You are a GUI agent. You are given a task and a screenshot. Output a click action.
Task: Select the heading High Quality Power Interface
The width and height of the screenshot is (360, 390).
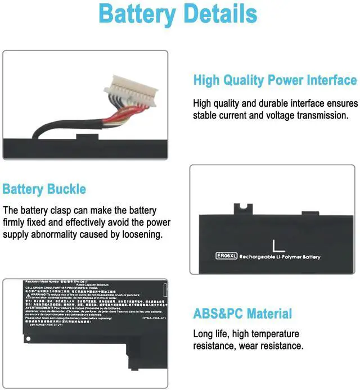tap(275, 80)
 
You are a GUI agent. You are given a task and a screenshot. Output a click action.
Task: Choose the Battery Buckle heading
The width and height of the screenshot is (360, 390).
tap(44, 189)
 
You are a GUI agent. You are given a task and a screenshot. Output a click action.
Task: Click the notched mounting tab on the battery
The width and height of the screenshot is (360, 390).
tap(241, 208)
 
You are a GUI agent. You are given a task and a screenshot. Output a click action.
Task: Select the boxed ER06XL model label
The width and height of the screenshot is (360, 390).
tap(226, 256)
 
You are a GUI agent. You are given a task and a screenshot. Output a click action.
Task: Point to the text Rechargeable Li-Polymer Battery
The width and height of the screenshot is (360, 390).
tap(280, 257)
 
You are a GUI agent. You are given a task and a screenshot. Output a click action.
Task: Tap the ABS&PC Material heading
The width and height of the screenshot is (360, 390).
tap(243, 314)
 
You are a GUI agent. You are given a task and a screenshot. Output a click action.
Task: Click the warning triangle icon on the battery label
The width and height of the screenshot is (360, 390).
tap(28, 293)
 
